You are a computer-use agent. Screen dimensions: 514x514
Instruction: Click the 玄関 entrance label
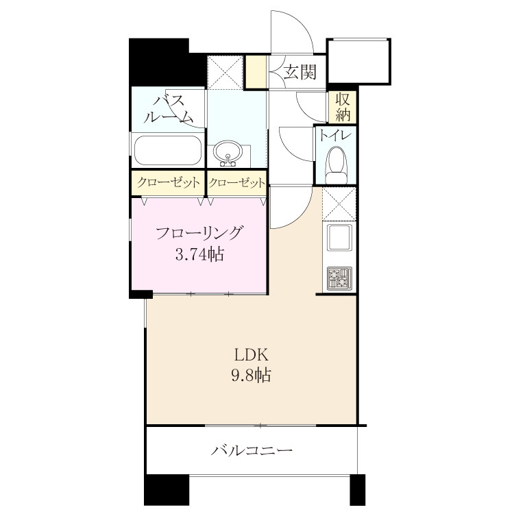click(x=299, y=72)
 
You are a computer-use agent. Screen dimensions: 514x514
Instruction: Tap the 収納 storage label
click(x=343, y=107)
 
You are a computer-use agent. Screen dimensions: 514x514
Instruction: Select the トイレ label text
click(x=335, y=136)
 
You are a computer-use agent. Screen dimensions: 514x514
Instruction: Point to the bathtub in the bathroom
click(x=168, y=151)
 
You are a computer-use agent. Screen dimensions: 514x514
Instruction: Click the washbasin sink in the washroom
click(x=228, y=152)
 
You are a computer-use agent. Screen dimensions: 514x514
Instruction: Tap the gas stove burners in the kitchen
click(x=339, y=278)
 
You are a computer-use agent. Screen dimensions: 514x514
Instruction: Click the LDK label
click(x=252, y=355)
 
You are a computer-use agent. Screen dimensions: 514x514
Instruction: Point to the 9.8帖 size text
click(x=252, y=375)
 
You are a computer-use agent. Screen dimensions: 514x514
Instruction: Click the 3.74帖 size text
click(x=199, y=254)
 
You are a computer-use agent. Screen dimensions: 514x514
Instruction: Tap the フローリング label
click(x=199, y=234)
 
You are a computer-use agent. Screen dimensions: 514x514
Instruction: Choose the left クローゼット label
click(x=168, y=182)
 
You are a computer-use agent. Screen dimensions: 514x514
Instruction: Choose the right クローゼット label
click(x=236, y=182)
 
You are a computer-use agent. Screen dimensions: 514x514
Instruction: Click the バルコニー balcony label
click(x=252, y=450)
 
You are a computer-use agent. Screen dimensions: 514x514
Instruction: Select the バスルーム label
click(x=168, y=109)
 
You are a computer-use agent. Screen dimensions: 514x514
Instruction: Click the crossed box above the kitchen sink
click(x=339, y=204)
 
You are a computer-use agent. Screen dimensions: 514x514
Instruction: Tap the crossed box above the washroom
click(x=225, y=73)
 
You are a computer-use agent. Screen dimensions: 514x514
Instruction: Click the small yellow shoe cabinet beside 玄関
click(x=257, y=72)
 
